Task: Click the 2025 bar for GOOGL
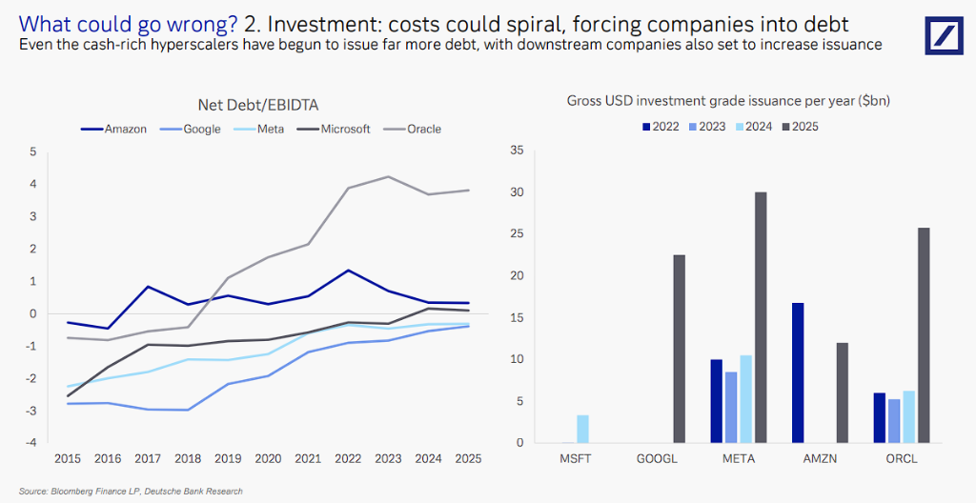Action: [679, 349]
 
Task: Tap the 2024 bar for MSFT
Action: [582, 429]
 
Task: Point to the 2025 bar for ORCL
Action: [924, 335]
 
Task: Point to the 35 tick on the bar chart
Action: [518, 151]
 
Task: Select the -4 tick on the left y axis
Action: [32, 442]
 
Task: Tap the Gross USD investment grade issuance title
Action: [728, 100]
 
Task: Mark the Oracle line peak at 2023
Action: [389, 176]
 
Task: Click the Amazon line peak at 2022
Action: [349, 271]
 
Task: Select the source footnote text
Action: [131, 492]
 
